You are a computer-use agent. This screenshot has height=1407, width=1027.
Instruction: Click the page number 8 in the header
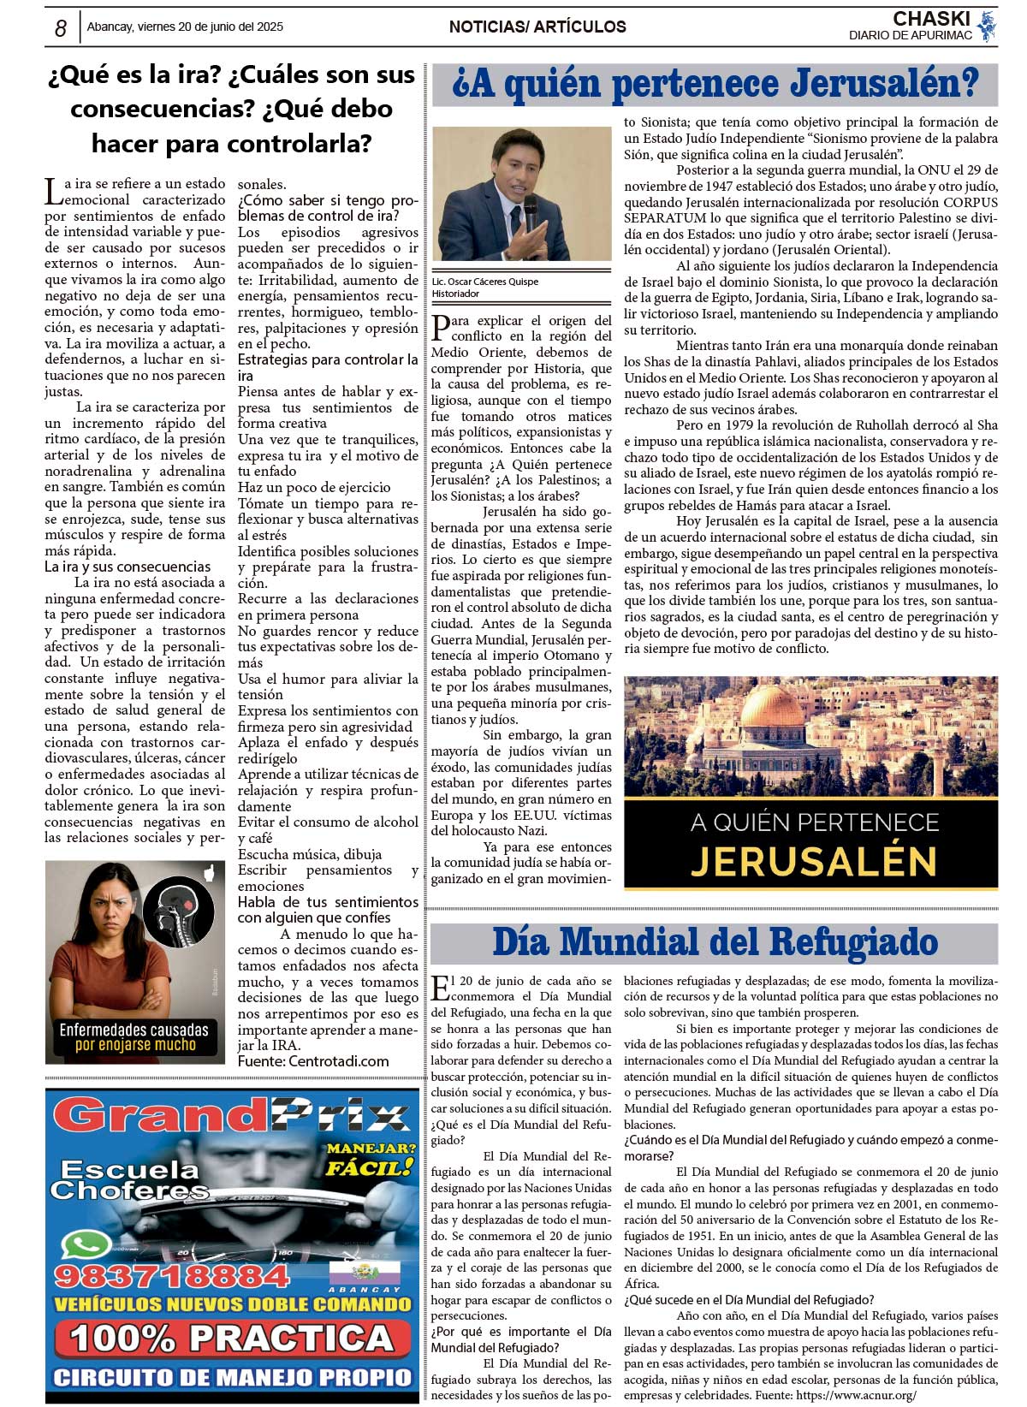click(x=60, y=28)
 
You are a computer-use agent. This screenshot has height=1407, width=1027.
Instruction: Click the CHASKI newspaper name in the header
click(x=931, y=19)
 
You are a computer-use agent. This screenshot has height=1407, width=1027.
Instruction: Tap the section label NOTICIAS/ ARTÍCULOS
click(x=537, y=27)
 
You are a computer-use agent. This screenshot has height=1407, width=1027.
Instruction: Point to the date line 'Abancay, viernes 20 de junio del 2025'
click(x=185, y=27)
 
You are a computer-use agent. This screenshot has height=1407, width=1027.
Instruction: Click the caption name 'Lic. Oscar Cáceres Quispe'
click(x=485, y=282)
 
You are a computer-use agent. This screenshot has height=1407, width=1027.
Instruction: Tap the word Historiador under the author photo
click(x=455, y=294)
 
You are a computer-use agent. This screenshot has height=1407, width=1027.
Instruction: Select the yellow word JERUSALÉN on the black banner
click(x=813, y=861)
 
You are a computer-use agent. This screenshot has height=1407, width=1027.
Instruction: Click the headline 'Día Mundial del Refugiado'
click(x=715, y=942)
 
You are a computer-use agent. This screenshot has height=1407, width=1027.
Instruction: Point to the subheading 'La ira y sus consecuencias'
click(x=128, y=567)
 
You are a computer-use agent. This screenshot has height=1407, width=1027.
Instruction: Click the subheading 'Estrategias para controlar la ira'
click(x=327, y=367)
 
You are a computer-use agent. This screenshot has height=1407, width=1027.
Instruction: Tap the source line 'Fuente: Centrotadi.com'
click(x=313, y=1061)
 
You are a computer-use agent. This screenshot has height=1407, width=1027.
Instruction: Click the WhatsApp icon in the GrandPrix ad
click(x=86, y=1246)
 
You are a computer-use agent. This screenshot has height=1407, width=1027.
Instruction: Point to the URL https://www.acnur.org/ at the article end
click(x=856, y=1395)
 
